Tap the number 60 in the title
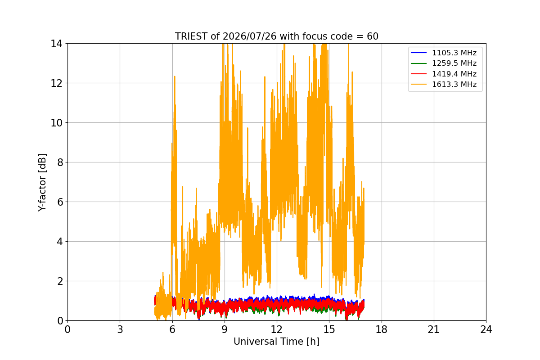[373, 36]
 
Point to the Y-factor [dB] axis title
[42, 183]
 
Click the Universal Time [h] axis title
[276, 342]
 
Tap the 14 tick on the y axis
[56, 44]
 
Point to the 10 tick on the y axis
[56, 123]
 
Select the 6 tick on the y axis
[60, 202]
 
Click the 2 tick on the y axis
[60, 281]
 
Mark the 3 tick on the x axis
[120, 329]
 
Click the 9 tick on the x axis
[225, 329]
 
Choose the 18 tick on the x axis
[382, 329]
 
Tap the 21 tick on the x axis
[434, 329]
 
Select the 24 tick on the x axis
[486, 329]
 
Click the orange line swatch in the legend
[419, 85]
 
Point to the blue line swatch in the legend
[419, 53]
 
